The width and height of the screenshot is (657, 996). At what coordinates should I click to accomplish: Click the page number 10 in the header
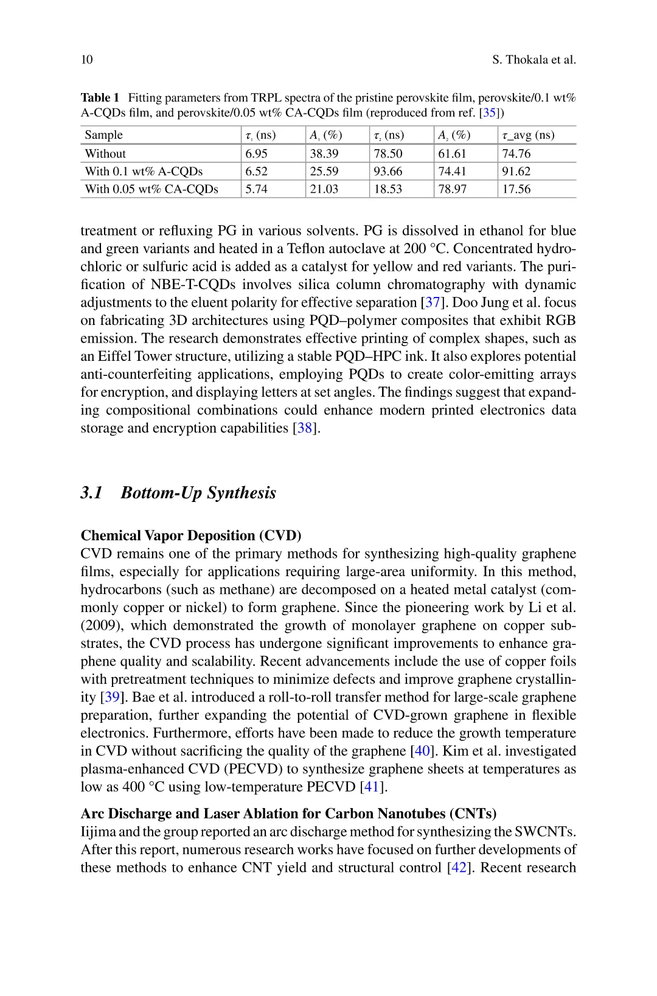[86, 60]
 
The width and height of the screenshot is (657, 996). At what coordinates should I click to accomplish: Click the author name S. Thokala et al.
[534, 60]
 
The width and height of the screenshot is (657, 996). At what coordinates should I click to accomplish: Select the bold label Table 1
[100, 98]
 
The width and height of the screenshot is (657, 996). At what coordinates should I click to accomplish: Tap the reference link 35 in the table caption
[490, 113]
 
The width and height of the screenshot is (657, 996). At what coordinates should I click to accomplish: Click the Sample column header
[103, 135]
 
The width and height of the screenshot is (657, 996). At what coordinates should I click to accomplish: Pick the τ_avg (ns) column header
[528, 135]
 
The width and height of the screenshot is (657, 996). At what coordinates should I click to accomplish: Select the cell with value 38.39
[324, 153]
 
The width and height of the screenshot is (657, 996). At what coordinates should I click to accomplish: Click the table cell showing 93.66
[388, 172]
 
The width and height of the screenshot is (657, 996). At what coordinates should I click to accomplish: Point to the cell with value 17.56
[516, 189]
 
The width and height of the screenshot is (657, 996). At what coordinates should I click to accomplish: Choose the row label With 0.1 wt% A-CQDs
[144, 172]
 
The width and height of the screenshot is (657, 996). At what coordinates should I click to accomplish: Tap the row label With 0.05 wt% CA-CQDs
[151, 189]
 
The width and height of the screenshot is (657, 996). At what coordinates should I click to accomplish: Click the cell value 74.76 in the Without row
[516, 153]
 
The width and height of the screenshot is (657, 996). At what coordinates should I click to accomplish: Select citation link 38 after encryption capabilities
[304, 428]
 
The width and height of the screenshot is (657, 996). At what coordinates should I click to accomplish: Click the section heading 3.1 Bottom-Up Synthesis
[178, 492]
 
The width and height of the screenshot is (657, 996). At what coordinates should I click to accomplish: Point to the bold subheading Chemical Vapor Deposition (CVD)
[191, 535]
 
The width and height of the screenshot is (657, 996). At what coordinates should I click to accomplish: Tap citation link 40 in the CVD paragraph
[422, 751]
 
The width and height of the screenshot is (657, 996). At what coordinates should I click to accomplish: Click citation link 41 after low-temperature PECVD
[371, 787]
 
